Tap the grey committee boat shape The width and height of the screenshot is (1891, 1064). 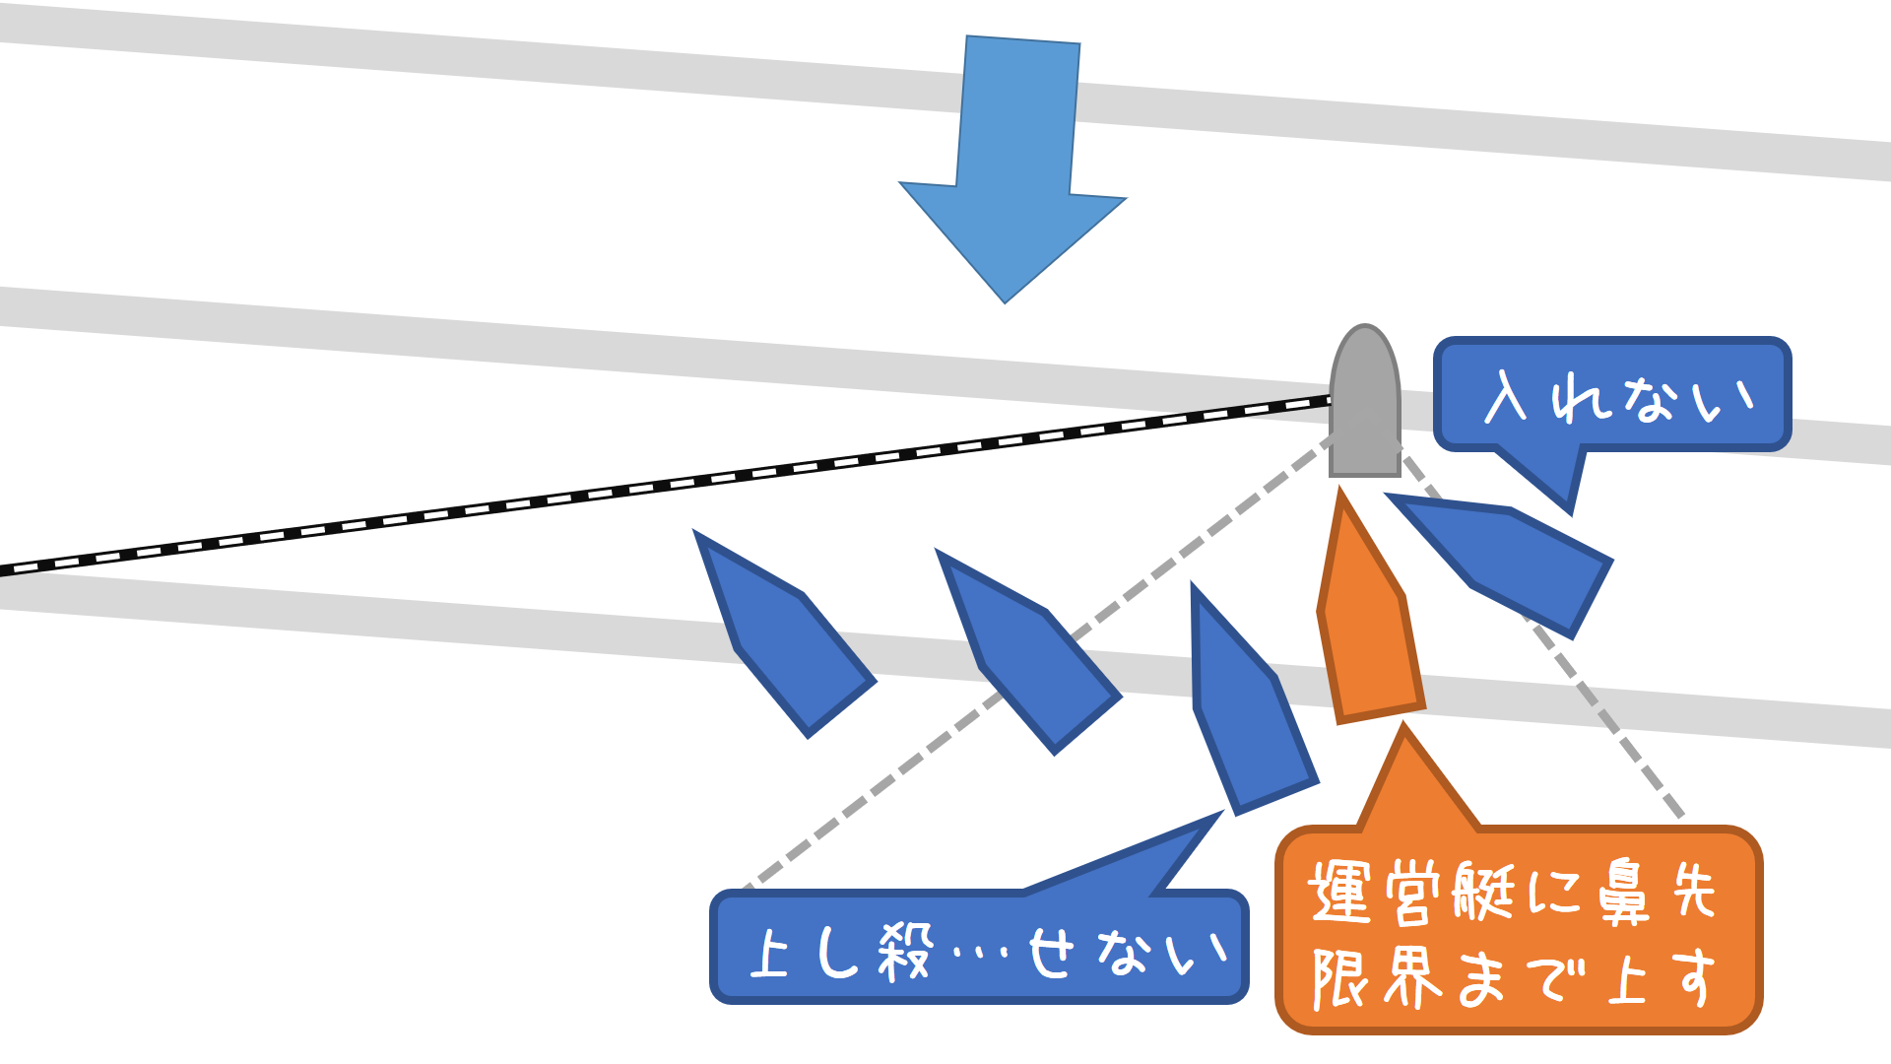1365,404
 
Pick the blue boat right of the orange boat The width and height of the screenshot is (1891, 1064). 1507,562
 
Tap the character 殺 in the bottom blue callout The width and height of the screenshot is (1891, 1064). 904,953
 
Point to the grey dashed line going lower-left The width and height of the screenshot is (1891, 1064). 985,709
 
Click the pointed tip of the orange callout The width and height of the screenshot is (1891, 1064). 1404,729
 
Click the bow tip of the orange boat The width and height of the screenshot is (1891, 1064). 1341,496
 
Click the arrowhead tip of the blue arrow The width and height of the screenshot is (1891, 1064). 1005,299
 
